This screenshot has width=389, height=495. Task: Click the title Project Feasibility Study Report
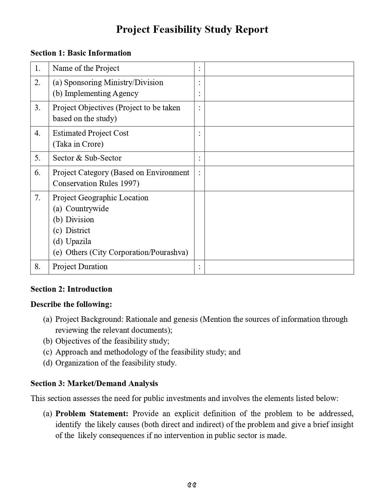[x=192, y=29]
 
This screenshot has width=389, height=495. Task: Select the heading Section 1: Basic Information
[x=81, y=53]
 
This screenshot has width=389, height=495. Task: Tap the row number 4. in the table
[x=37, y=133]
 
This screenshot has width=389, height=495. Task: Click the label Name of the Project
[x=86, y=68]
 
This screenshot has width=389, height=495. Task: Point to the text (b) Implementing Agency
[x=96, y=93]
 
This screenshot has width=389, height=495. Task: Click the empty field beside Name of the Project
[x=279, y=69]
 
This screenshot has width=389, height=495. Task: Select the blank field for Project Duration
[x=279, y=267]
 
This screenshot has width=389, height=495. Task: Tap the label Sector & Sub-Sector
[x=87, y=158]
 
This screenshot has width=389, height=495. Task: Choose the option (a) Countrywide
[x=81, y=209]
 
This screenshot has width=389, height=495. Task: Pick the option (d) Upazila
[x=72, y=241]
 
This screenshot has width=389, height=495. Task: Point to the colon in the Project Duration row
[x=199, y=267]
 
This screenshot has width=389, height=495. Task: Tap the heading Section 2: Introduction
[x=71, y=289]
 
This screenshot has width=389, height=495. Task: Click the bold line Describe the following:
[x=71, y=304]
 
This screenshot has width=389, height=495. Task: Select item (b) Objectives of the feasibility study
[x=106, y=341]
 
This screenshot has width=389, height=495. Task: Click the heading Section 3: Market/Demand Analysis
[x=94, y=383]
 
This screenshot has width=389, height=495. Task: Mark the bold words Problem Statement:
[x=92, y=414]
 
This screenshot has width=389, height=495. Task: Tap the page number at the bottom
[x=192, y=485]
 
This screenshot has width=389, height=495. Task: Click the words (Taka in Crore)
[x=78, y=144]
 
